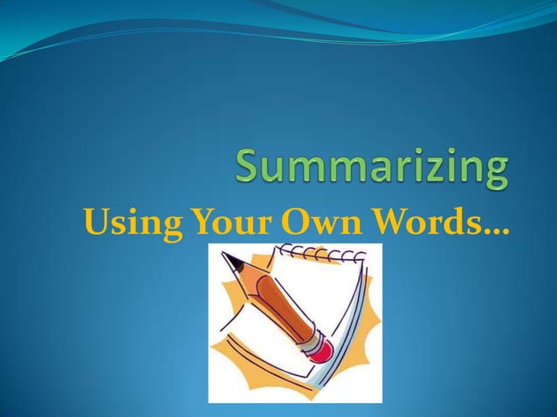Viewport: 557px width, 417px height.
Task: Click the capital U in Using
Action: (93, 224)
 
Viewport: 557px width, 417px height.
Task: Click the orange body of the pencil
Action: (271, 300)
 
